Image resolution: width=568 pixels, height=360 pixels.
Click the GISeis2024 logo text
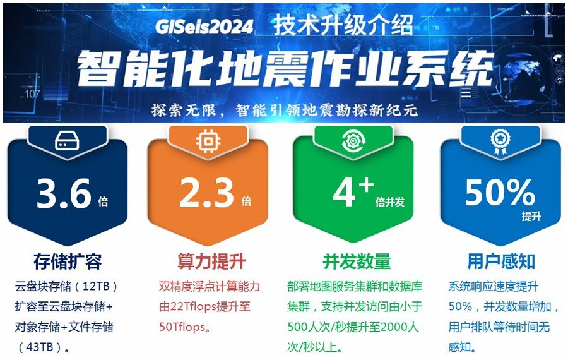coord(204,26)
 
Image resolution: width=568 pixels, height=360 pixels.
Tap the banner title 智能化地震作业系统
coord(286,68)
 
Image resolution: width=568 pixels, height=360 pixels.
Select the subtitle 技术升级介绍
coord(343,25)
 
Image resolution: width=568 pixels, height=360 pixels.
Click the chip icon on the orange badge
coord(208,141)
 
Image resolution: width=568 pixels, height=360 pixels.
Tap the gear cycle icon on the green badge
coord(353,141)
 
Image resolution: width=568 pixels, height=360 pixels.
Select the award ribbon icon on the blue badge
coord(500,141)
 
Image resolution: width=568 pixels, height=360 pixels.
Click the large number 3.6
coord(64,194)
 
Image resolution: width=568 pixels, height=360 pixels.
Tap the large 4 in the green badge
coord(344,193)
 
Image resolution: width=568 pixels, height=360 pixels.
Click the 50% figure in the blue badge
coord(500,192)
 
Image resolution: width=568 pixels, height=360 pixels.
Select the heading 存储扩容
coord(68,261)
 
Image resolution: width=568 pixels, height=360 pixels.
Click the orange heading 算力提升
coord(211,261)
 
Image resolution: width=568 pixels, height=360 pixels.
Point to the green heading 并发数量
coord(357,261)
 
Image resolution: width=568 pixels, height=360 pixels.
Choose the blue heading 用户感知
coord(501,261)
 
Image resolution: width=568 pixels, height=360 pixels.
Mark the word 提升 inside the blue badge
coord(531,217)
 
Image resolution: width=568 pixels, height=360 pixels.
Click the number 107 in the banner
coord(32,94)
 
